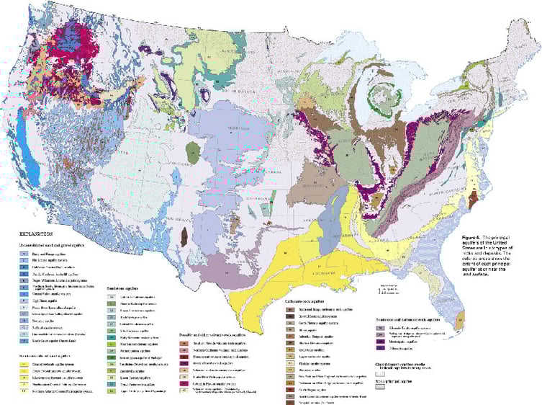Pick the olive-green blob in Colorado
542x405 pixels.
193,152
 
